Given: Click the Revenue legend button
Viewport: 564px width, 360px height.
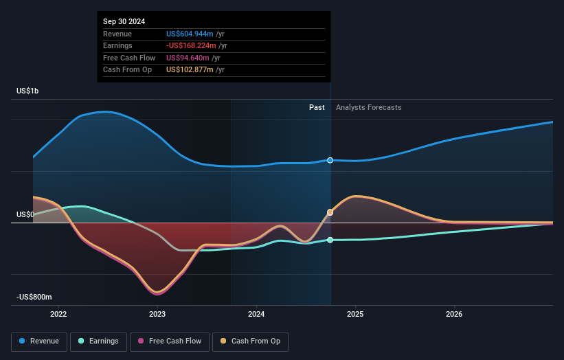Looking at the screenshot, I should [39, 341].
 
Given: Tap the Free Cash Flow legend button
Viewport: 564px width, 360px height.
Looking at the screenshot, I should [170, 341].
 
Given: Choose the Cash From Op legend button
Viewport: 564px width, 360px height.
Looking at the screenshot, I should [250, 341].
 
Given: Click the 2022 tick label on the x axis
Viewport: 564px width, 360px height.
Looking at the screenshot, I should [58, 315].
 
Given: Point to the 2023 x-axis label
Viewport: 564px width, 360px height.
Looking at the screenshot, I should [157, 315].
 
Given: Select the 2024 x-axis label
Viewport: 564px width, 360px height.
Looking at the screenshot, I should [256, 315].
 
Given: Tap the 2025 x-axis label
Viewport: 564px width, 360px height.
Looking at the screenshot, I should [355, 315].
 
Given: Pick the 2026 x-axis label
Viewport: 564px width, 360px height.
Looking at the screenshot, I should [454, 315].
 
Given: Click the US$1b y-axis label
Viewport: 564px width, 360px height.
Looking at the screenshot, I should [28, 91].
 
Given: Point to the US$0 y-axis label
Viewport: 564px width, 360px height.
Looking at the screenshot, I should [25, 215].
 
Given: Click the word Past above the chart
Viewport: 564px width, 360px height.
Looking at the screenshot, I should [317, 107].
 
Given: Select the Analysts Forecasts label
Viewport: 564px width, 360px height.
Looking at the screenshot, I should [368, 107].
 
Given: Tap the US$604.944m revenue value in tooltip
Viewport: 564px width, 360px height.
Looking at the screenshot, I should [190, 34].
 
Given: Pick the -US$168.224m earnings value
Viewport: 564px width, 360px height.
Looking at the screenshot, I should [191, 46].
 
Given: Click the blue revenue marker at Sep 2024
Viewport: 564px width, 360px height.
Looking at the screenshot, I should [330, 160].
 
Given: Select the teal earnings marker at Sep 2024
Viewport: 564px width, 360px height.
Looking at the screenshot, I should [330, 240].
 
